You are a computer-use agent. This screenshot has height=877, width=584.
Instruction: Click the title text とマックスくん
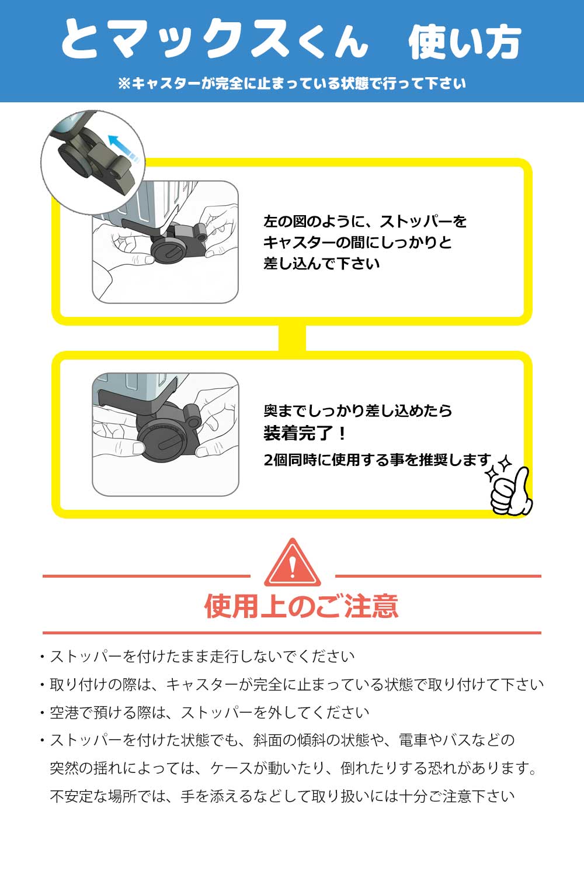point(215,40)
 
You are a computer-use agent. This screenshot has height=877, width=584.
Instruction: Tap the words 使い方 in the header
point(464,42)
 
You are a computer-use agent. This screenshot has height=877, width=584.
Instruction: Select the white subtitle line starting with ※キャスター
point(292,84)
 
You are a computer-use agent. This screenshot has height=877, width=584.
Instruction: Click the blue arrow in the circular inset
point(124,147)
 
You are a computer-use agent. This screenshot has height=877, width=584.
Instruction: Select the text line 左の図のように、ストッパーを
point(365,222)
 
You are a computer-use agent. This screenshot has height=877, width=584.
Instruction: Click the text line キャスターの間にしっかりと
point(357,242)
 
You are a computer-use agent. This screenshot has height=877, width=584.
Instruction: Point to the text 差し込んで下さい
point(321,263)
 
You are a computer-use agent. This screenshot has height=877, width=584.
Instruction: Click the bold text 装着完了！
point(305,433)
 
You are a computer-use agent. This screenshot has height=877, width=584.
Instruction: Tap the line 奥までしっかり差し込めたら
point(357,410)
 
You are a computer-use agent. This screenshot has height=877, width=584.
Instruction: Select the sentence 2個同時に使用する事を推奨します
point(377,460)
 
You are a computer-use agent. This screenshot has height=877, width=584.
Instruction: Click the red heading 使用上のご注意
point(301,606)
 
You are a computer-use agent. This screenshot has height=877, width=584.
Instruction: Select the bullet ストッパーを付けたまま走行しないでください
point(201,657)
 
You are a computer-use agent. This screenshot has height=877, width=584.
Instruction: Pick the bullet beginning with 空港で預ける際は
point(208,713)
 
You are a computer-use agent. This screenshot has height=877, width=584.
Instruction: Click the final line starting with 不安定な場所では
point(282,796)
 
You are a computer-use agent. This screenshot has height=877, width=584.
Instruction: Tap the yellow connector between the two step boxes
point(292,338)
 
